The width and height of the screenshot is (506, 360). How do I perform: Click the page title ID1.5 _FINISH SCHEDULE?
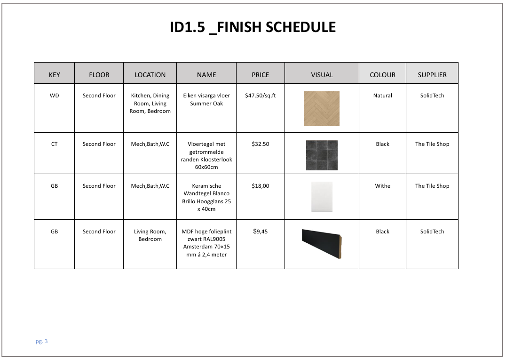pos(253,27)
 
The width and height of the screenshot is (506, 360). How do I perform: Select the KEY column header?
pos(54,75)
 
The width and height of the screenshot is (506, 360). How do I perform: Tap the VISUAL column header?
pos(322,75)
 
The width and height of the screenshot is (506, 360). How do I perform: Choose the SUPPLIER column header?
pos(432,75)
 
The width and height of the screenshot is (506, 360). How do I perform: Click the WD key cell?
pos(54,96)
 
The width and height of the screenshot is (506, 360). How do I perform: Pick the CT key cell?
pos(54,144)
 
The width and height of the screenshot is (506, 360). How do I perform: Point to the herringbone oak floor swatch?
pos(322,109)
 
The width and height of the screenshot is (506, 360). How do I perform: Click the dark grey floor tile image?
pos(322,155)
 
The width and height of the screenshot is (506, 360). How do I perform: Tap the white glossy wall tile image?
pos(322,197)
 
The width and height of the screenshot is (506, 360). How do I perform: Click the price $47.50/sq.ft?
pos(261,96)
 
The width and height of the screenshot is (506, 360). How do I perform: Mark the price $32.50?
pos(261,144)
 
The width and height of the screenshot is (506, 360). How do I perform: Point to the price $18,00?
pos(261,186)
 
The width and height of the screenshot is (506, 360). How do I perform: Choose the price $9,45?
pos(261,232)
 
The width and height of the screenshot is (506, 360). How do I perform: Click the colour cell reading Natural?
pos(383,96)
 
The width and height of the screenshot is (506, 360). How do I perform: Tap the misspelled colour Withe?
pos(383,186)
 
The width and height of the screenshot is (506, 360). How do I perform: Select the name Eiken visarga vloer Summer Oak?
pos(206,99)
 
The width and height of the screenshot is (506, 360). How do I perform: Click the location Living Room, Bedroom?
pos(150,235)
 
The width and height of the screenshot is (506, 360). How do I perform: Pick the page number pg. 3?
pos(42,341)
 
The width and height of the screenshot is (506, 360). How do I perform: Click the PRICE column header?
pos(261,75)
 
